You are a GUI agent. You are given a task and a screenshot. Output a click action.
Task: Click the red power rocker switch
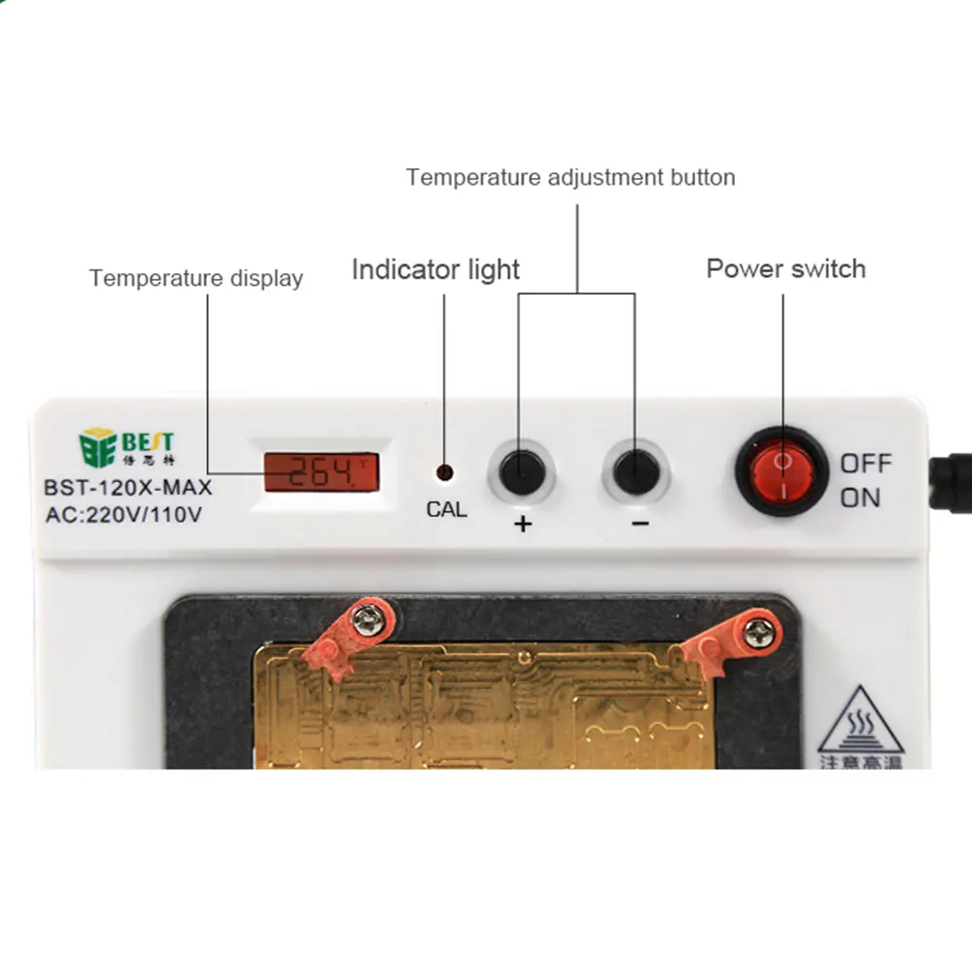pyautogui.click(x=782, y=471)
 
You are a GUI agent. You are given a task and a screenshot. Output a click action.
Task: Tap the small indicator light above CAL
pyautogui.click(x=444, y=473)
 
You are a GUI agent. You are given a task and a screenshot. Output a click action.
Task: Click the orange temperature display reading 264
pyautogui.click(x=321, y=472)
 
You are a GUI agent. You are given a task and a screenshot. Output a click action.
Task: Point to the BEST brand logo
pyautogui.click(x=126, y=447)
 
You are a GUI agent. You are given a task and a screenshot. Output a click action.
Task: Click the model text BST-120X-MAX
pyautogui.click(x=127, y=488)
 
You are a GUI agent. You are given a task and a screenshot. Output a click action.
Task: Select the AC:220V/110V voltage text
pyautogui.click(x=123, y=515)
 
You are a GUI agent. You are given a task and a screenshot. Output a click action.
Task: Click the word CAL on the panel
pyautogui.click(x=446, y=508)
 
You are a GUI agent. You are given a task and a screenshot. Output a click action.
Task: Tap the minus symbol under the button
pyautogui.click(x=640, y=524)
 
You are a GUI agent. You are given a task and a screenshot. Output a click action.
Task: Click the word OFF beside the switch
pyautogui.click(x=865, y=463)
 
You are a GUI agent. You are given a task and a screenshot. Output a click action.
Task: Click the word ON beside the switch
pyautogui.click(x=860, y=498)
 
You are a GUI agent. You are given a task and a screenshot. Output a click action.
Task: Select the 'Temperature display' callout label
pyautogui.click(x=196, y=278)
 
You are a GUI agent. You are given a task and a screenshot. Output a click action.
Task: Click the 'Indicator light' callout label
pyautogui.click(x=435, y=269)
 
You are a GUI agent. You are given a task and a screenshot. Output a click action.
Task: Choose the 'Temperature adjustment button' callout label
pyautogui.click(x=571, y=177)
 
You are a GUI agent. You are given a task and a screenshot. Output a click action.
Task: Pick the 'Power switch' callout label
pyautogui.click(x=785, y=268)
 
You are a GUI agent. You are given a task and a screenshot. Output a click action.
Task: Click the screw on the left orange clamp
pyautogui.click(x=367, y=619)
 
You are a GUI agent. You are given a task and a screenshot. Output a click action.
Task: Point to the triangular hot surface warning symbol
pyautogui.click(x=860, y=724)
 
